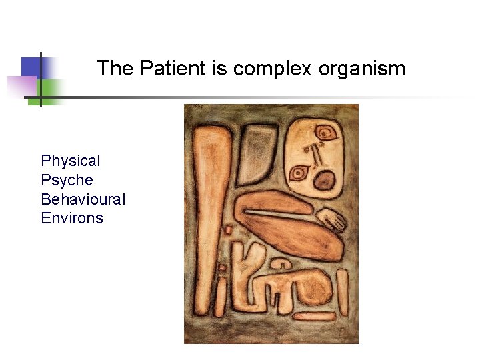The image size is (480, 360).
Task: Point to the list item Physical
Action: tap(71, 161)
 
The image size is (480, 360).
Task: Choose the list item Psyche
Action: tap(67, 180)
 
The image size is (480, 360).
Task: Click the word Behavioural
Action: tap(83, 199)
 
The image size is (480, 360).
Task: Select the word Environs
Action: tap(72, 218)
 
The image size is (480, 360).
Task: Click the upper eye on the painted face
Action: tap(326, 133)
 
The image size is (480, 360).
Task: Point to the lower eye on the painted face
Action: tap(298, 173)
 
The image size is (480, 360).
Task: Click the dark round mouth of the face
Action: tap(325, 179)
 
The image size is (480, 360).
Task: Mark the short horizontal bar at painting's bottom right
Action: tap(313, 315)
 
